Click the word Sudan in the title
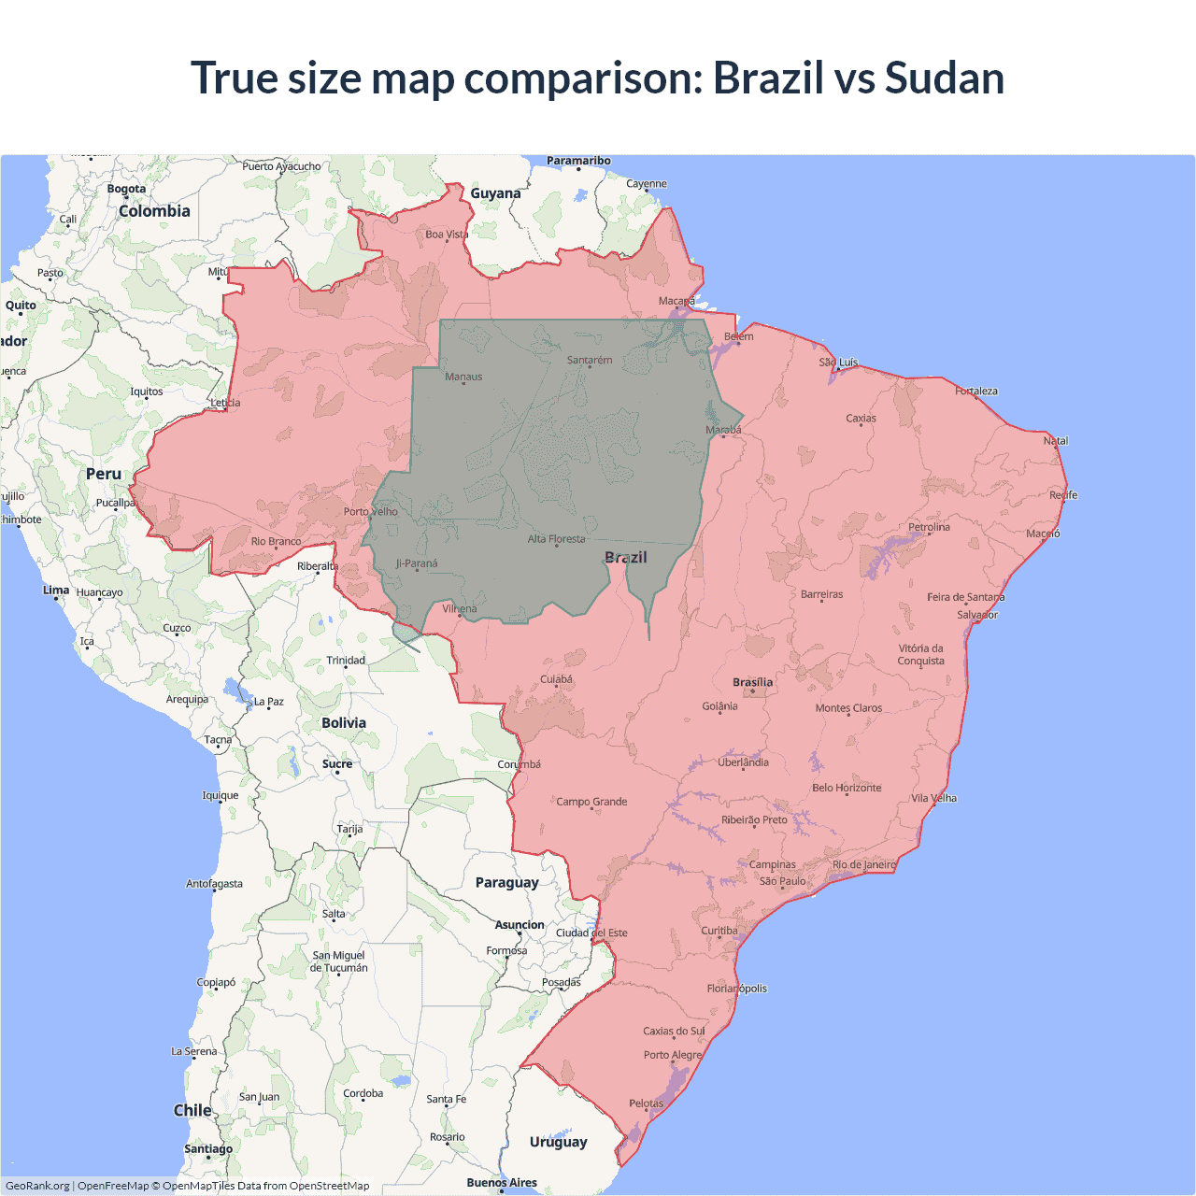(944, 78)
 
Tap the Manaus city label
(463, 377)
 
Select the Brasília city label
(752, 682)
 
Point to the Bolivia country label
(344, 722)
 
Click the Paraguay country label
(506, 882)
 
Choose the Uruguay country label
(558, 1141)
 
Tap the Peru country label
(104, 474)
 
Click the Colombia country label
(154, 211)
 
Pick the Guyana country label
(495, 193)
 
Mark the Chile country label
(192, 1110)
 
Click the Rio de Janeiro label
(864, 864)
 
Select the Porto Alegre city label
(672, 1055)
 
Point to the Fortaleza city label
(976, 391)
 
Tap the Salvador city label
(977, 615)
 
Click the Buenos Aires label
(502, 1182)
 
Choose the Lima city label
(56, 590)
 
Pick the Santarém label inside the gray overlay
(590, 360)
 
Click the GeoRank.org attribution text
(37, 1186)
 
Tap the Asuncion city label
(520, 925)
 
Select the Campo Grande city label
(591, 802)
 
